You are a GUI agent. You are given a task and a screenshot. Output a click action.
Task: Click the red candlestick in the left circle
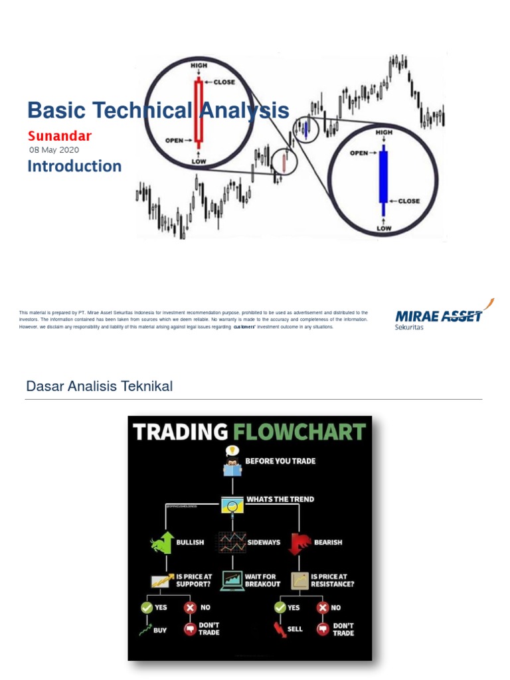(197, 111)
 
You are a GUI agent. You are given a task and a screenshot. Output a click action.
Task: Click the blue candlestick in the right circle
(382, 176)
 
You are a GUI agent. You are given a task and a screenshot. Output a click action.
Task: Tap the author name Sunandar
(60, 136)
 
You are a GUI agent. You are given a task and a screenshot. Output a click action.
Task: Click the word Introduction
(74, 166)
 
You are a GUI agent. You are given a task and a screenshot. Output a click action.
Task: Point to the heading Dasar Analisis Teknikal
(99, 386)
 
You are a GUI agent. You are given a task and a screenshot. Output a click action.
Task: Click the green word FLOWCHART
(298, 432)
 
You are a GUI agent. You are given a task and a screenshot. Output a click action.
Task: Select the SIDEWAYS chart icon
(232, 542)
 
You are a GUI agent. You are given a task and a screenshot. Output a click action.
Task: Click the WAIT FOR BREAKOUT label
(263, 580)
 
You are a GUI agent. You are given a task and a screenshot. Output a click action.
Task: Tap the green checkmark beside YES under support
(147, 607)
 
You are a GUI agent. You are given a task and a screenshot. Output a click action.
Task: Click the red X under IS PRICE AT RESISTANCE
(323, 607)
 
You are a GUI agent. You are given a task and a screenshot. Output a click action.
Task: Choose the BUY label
(160, 630)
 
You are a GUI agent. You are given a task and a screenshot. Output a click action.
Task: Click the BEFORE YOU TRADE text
(281, 461)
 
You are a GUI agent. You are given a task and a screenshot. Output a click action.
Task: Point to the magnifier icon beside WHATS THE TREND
(232, 506)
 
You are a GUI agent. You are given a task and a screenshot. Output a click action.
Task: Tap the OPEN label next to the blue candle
(359, 153)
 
